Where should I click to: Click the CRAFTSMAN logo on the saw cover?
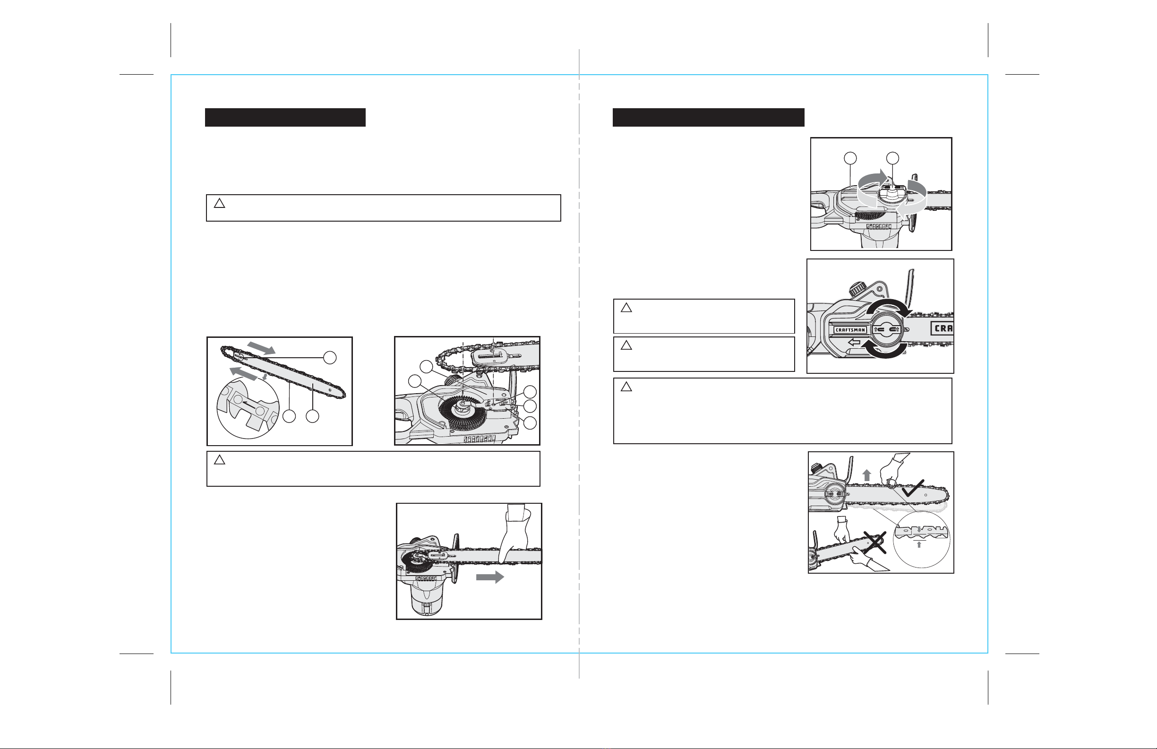850,330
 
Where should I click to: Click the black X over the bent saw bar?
874,542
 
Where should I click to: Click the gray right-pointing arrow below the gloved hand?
489,577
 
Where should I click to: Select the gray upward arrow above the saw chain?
866,475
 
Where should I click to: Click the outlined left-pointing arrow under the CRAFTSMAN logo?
855,343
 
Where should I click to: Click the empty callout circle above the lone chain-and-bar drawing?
330,357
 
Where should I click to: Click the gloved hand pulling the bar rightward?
516,533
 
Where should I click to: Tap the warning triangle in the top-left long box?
219,203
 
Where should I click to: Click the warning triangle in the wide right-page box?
626,387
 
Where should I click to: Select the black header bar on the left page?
285,117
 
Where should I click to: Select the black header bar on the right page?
708,117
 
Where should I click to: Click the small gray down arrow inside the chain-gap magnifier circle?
918,530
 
